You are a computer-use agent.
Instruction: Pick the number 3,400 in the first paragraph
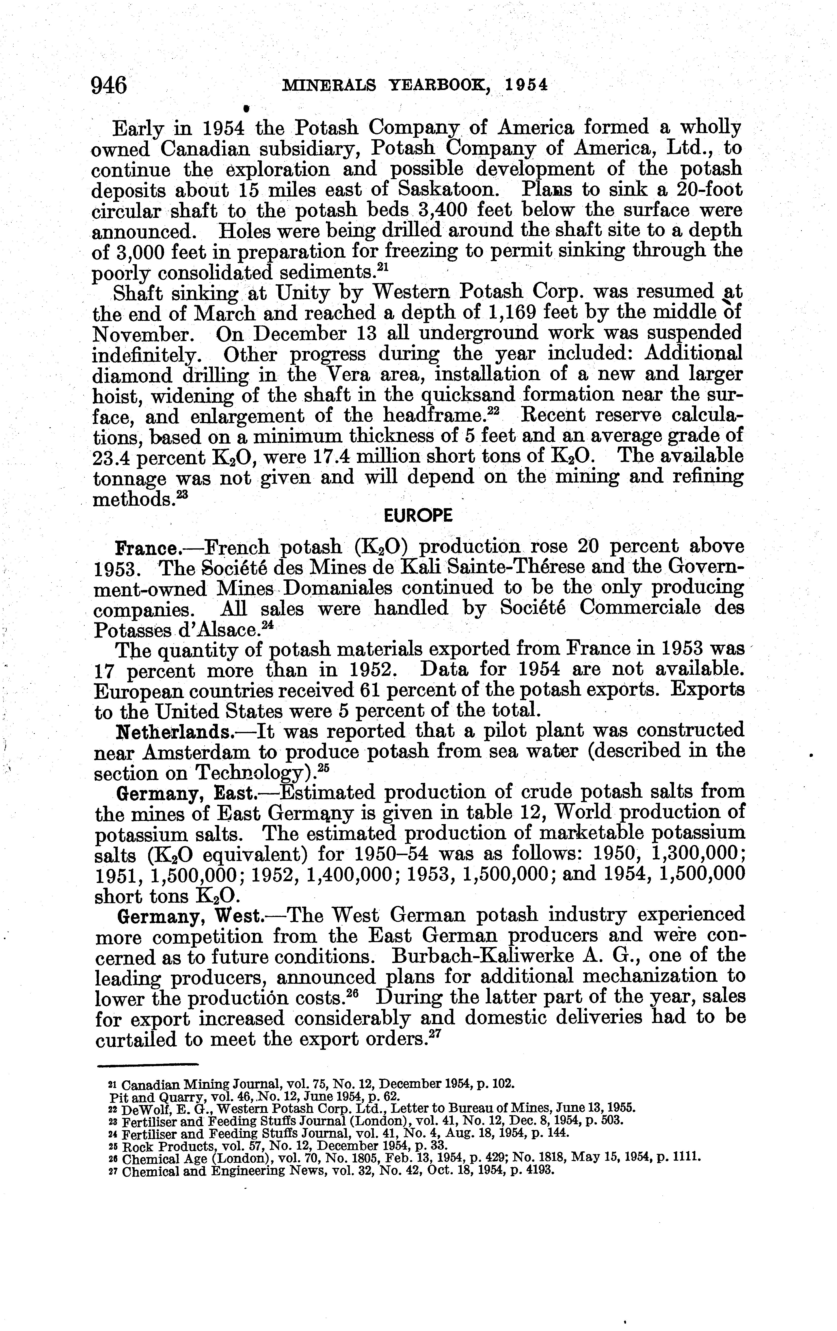447,211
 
